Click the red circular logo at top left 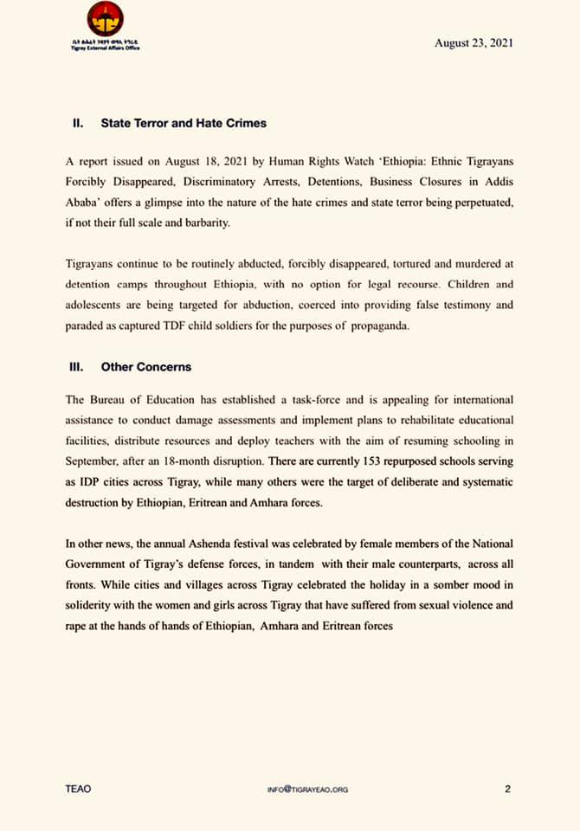pos(105,19)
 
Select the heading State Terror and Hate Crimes pos(184,124)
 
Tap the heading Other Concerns pos(146,367)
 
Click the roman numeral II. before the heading pos(77,124)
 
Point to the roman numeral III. pos(76,367)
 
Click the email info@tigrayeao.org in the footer pos(309,789)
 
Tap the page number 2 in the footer pos(508,789)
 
